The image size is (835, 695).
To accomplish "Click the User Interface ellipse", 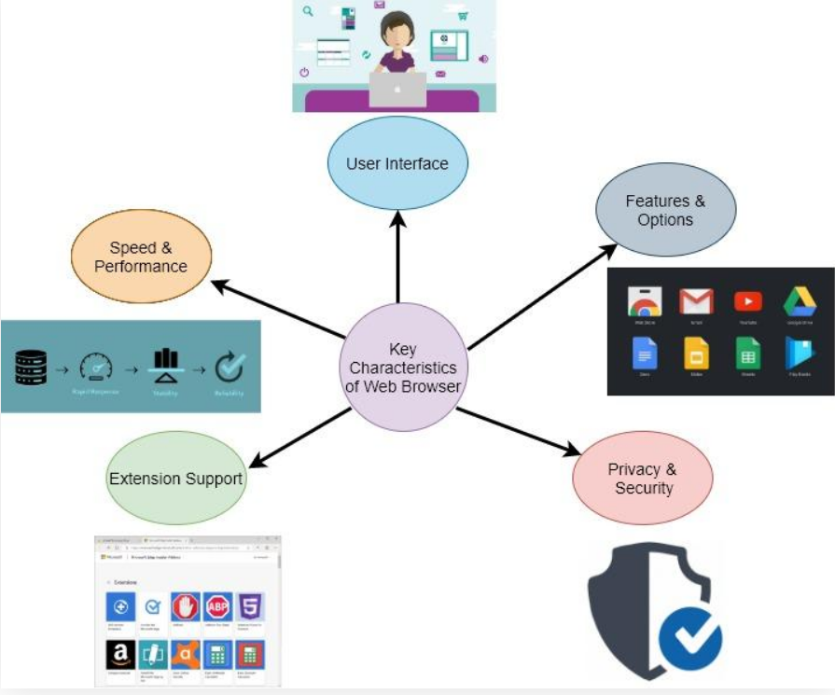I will pyautogui.click(x=397, y=164).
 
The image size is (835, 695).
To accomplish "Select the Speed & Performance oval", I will pyautogui.click(x=141, y=257).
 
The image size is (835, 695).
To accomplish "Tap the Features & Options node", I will pyautogui.click(x=665, y=211).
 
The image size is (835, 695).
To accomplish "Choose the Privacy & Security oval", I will pyautogui.click(x=642, y=479).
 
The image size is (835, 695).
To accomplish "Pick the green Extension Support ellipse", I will pyautogui.click(x=175, y=480).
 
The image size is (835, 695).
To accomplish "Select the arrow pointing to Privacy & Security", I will pyautogui.click(x=518, y=431).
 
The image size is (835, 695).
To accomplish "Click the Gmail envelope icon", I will pyautogui.click(x=696, y=301).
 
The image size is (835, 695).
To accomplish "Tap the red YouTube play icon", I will pyautogui.click(x=747, y=301).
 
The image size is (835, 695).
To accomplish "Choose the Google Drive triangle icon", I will pyautogui.click(x=800, y=301).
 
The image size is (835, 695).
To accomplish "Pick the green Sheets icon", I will pyautogui.click(x=747, y=353).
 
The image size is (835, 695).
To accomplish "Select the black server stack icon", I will pyautogui.click(x=31, y=368).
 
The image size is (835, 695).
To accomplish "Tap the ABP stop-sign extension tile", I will pyautogui.click(x=217, y=607).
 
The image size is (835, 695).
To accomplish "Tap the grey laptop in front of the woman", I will pyautogui.click(x=397, y=90).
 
